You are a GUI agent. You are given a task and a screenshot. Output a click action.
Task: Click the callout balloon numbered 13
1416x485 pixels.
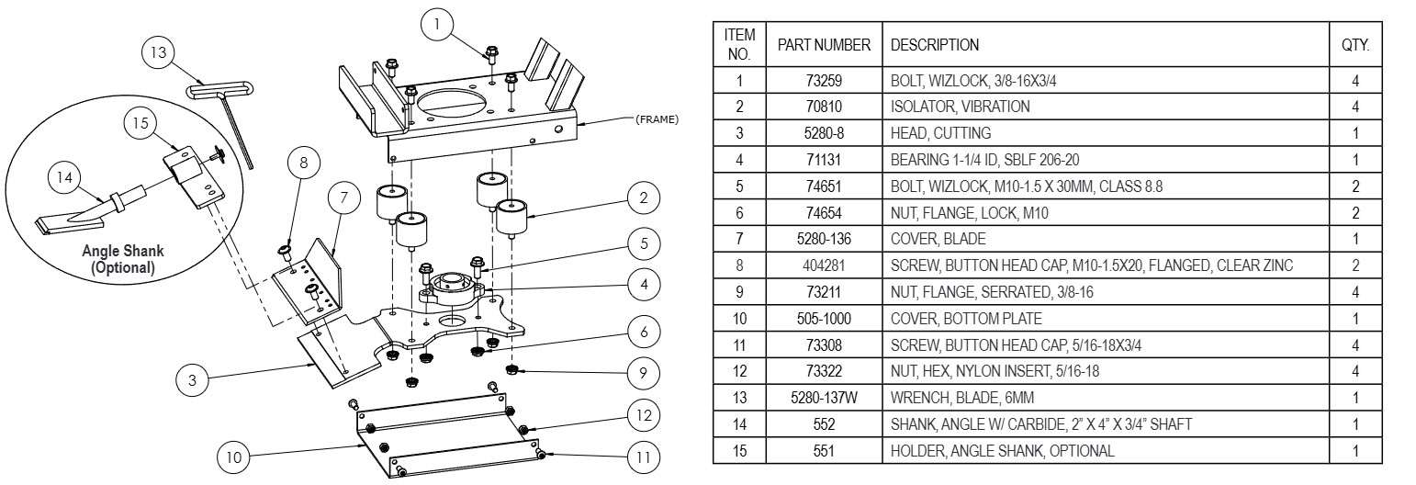[x=159, y=52]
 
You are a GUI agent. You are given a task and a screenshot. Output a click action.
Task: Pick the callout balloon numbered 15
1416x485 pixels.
[x=139, y=122]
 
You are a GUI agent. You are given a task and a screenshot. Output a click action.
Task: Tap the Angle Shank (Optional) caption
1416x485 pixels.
[x=123, y=259]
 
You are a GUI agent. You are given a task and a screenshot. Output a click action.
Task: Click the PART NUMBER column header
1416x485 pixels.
[x=824, y=45]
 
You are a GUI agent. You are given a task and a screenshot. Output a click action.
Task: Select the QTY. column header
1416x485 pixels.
[x=1355, y=45]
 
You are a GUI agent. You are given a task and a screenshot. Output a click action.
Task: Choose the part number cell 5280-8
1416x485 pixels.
[x=824, y=133]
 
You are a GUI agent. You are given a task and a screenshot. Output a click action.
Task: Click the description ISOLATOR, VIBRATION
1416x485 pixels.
[x=960, y=107]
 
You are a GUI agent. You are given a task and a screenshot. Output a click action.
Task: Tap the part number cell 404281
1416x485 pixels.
[x=824, y=265]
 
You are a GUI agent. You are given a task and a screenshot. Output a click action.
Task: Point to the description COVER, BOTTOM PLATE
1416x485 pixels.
[x=966, y=319]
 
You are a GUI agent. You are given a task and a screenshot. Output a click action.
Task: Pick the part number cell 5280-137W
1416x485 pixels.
[x=824, y=398]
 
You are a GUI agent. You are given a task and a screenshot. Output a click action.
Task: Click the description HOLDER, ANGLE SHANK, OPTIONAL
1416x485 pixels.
[x=1002, y=451]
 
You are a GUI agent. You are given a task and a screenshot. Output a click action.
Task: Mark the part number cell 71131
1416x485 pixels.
[x=824, y=160]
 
